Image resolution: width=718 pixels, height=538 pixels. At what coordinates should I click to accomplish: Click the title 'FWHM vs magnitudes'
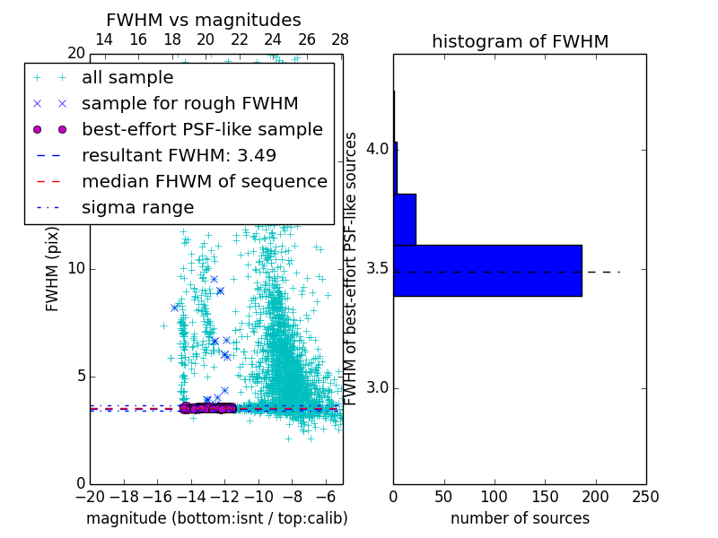[204, 20]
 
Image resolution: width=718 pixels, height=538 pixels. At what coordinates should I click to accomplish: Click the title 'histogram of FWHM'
[520, 41]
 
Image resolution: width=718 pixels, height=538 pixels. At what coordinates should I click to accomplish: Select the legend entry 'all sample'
[128, 78]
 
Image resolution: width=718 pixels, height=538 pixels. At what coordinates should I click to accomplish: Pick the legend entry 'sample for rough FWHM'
[189, 103]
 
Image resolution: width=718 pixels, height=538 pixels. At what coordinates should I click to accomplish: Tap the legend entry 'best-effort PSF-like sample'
[202, 129]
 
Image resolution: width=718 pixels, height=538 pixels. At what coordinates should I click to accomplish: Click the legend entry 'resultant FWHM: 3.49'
[179, 155]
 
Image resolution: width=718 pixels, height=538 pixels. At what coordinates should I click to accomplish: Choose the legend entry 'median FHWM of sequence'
[204, 181]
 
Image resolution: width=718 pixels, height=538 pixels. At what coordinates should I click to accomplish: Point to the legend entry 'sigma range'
[137, 207]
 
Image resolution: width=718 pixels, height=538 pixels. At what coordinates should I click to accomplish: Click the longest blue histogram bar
[487, 270]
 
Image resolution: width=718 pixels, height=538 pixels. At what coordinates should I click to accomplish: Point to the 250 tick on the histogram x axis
[646, 496]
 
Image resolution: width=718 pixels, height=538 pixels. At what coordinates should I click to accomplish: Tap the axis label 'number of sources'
[520, 518]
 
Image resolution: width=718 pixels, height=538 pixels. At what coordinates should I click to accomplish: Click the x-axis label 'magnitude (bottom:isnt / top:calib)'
[216, 518]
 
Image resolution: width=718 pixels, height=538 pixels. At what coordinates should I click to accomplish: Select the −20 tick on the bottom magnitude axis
[90, 496]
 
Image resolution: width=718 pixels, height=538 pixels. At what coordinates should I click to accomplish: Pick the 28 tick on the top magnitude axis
[340, 39]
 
